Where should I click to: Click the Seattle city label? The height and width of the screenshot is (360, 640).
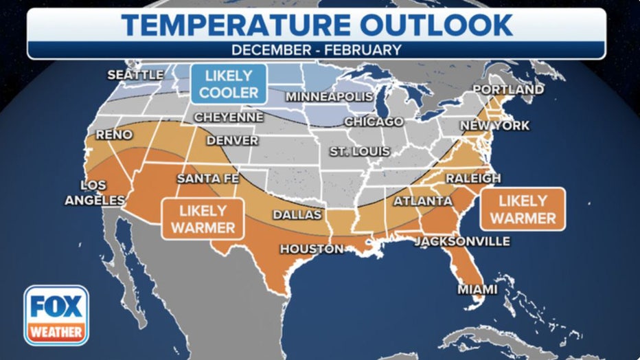[x=135, y=75]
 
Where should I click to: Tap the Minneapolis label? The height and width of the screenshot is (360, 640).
[x=329, y=97]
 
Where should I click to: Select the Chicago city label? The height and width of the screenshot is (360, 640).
[x=373, y=122]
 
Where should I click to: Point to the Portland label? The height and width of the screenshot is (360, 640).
[x=508, y=90]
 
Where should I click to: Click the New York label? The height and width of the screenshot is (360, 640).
[x=494, y=126]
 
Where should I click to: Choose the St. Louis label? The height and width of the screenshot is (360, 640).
[x=359, y=151]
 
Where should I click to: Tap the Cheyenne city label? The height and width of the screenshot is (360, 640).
[x=228, y=117]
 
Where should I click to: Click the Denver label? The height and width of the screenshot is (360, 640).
[x=232, y=141]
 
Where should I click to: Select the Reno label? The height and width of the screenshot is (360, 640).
[x=113, y=135]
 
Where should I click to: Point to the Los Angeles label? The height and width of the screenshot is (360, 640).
[x=95, y=193]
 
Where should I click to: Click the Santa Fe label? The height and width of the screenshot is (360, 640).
[x=208, y=179]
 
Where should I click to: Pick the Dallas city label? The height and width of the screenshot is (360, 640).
[x=297, y=215]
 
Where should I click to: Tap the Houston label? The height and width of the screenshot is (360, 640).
[x=310, y=249]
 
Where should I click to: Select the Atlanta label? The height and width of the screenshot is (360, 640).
[x=422, y=201]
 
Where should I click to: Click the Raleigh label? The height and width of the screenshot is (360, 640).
[x=473, y=179]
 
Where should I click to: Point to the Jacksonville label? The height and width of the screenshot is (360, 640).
[x=461, y=241]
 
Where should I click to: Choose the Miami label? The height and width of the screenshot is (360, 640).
[x=477, y=290]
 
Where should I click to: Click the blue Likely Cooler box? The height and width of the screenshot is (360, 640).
[x=229, y=84]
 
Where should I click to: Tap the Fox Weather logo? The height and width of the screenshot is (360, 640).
[x=56, y=315]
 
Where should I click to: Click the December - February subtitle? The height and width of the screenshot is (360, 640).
[x=316, y=50]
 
